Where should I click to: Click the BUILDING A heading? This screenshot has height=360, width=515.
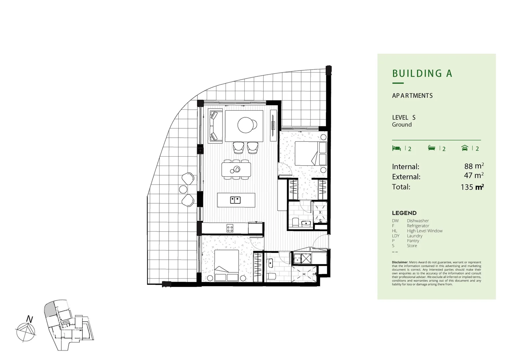(x=422, y=74)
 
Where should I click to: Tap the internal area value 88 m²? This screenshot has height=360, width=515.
(x=474, y=166)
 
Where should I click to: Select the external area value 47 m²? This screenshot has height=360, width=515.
(x=474, y=175)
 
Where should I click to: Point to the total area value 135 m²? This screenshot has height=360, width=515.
(x=472, y=187)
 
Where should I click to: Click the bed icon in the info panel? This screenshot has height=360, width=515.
(x=396, y=148)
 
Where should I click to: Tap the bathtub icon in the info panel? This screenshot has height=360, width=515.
(x=432, y=148)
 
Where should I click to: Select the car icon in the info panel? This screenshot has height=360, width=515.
(x=465, y=148)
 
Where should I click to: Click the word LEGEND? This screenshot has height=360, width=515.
(x=404, y=213)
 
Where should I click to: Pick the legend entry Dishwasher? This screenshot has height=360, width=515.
(x=418, y=221)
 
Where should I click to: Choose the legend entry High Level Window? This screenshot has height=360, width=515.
(x=425, y=231)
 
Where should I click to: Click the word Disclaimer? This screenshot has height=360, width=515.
(x=400, y=262)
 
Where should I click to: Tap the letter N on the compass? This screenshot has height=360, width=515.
(x=30, y=319)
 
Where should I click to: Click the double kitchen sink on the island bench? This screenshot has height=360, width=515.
(x=235, y=200)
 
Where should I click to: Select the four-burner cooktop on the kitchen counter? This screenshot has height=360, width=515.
(x=230, y=228)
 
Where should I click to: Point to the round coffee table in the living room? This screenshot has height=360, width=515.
(x=246, y=125)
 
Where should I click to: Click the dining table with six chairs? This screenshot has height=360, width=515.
(x=236, y=170)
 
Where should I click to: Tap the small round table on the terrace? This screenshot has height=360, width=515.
(x=183, y=189)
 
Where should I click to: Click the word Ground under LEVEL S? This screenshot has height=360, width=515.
(x=402, y=125)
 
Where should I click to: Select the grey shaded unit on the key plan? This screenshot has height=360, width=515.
(x=49, y=308)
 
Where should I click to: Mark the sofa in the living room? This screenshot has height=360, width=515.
(x=215, y=126)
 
